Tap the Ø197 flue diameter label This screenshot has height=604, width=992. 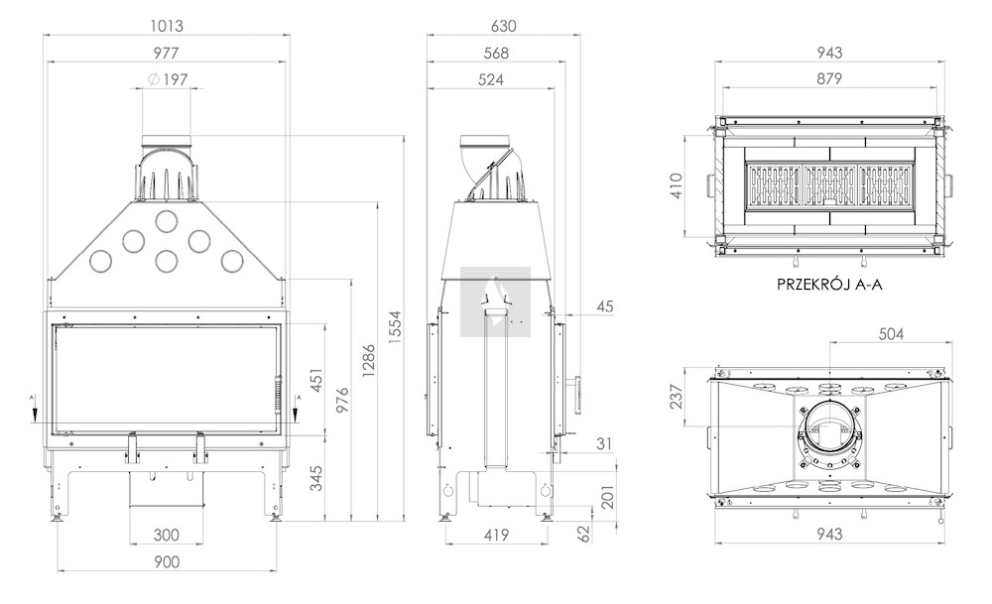[167, 79]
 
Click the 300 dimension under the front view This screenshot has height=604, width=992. [166, 535]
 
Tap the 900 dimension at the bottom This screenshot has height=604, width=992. [166, 562]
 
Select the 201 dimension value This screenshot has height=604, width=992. [607, 496]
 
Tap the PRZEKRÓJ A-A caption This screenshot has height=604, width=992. [829, 284]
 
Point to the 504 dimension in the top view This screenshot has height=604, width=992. [891, 334]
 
